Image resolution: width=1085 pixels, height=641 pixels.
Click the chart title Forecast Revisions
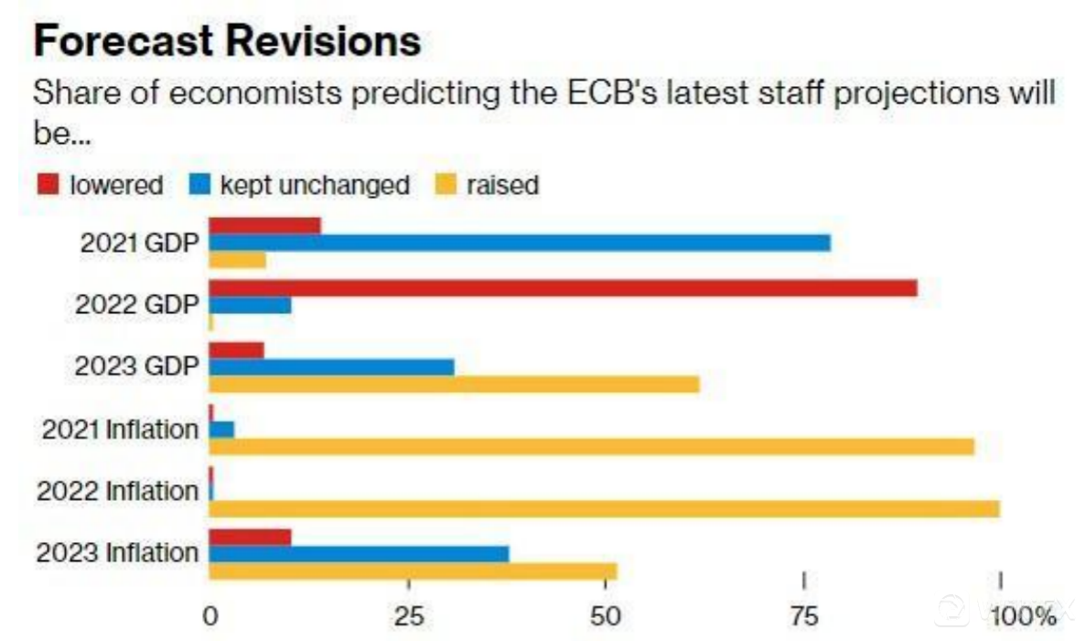[227, 41]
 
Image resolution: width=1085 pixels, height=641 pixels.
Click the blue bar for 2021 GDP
[520, 243]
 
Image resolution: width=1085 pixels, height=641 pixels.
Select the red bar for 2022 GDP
[563, 288]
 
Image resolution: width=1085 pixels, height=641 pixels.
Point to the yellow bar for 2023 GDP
[454, 385]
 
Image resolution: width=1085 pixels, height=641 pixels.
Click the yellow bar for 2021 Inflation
[591, 446]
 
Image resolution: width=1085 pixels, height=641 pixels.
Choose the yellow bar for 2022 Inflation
[604, 508]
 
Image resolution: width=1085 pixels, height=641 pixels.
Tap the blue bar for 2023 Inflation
[359, 554]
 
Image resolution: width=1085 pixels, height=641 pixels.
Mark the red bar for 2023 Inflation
[250, 537]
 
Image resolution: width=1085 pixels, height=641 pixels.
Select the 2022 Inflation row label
[117, 491]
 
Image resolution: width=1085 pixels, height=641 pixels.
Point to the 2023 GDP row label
[137, 366]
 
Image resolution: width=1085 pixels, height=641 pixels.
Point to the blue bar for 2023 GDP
[331, 367]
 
